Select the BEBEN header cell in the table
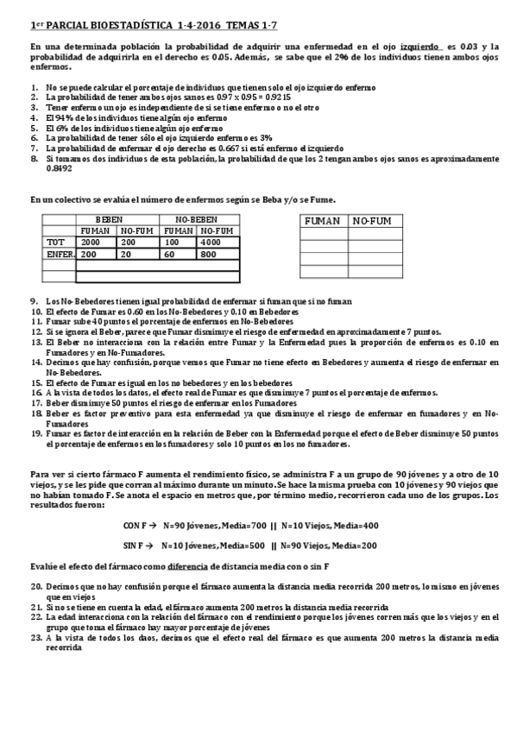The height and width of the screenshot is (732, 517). pos(110,220)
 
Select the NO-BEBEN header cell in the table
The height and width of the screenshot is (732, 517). pos(196,220)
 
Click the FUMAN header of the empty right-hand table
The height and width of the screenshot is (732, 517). pos(323,221)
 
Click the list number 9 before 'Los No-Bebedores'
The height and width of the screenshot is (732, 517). pos(34,300)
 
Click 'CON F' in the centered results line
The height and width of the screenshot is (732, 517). pos(136,525)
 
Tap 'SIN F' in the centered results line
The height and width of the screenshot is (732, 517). pos(136,546)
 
